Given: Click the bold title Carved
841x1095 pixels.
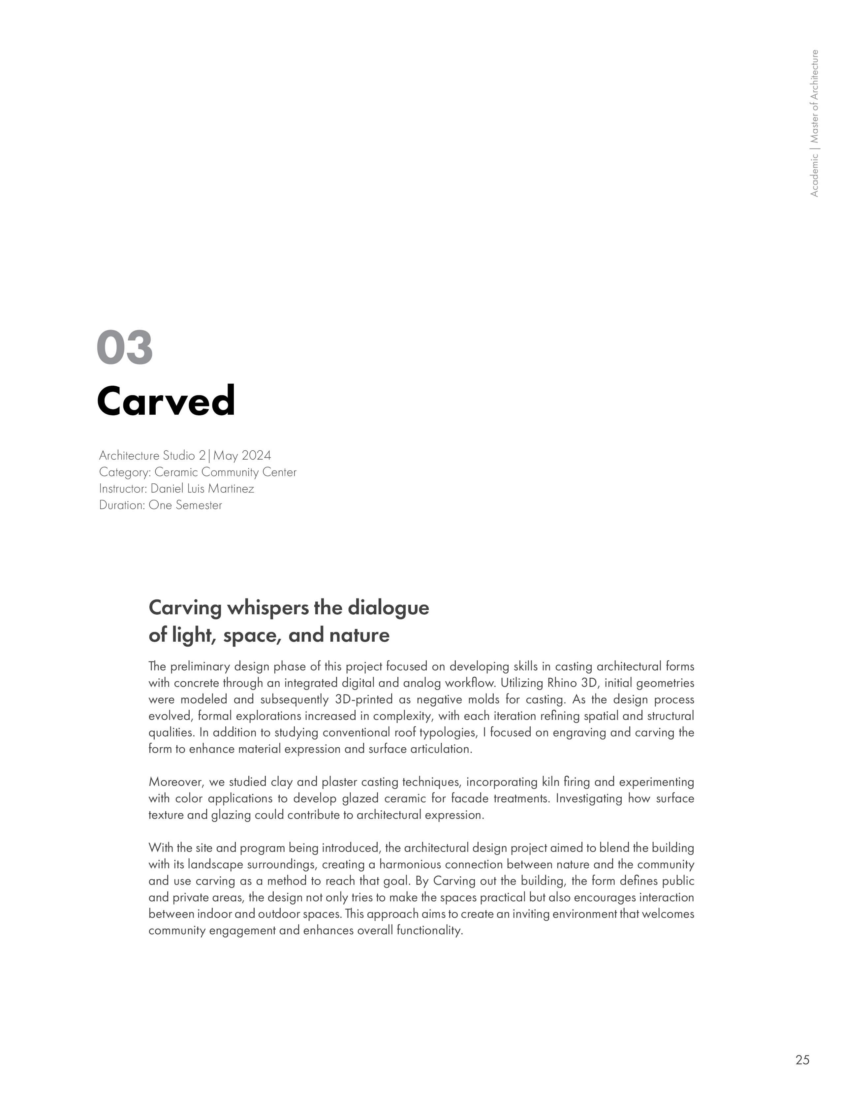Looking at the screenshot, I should [x=166, y=401].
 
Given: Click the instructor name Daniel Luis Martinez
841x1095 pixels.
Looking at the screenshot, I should [x=202, y=488].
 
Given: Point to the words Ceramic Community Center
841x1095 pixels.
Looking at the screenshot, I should [x=225, y=472].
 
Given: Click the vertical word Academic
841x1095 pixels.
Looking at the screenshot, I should [x=815, y=175].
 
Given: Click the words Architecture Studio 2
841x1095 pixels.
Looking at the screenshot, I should [x=152, y=455].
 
